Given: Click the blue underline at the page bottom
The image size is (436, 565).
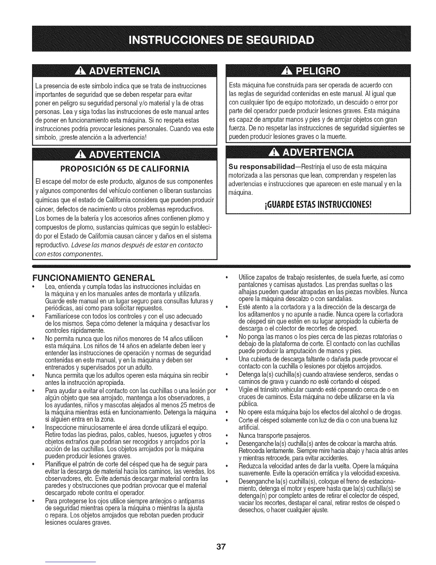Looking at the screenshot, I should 71,562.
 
